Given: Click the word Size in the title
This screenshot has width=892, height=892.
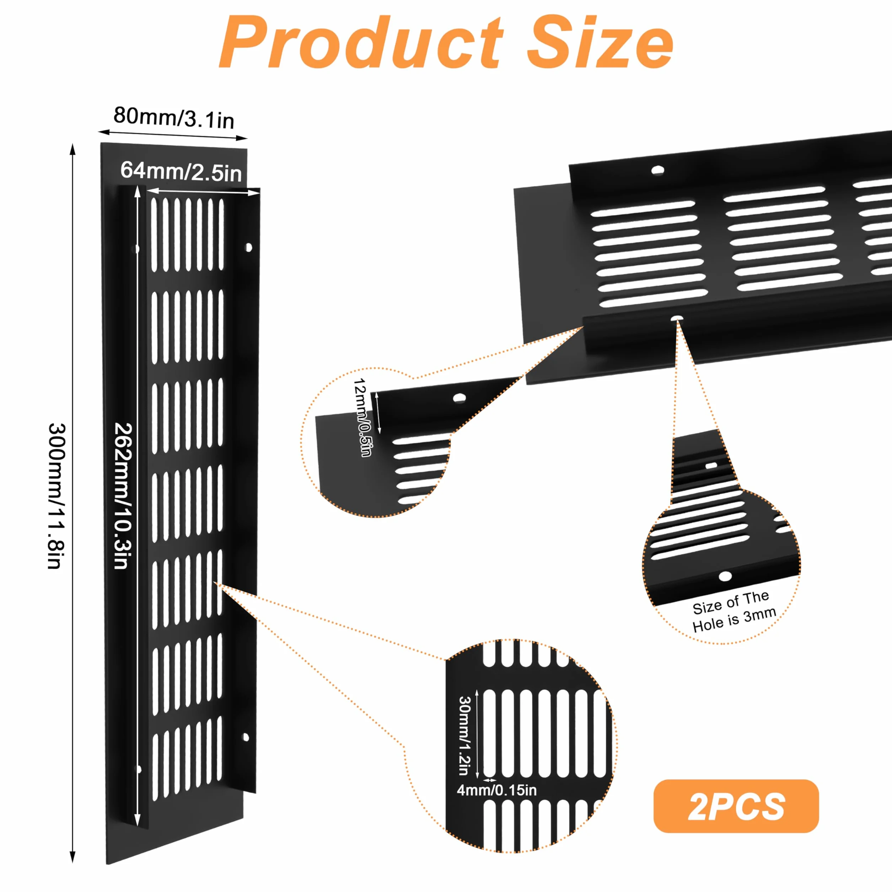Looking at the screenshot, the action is tap(600, 43).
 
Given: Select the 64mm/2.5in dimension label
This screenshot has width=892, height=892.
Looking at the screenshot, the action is tap(181, 172).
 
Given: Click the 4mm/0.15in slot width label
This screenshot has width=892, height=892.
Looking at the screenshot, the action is tap(497, 790).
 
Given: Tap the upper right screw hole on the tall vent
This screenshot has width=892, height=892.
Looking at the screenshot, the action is tap(248, 247).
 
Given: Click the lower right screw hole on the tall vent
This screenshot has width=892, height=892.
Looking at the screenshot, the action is tap(246, 737).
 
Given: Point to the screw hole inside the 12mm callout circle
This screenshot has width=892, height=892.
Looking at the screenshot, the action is tap(459, 398).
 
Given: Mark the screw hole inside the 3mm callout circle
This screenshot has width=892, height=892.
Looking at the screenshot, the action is tap(725, 576).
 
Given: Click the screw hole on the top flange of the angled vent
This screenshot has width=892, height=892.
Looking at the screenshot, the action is tap(657, 170).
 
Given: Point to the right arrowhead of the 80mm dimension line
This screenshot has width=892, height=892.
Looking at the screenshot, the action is tap(242, 137).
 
